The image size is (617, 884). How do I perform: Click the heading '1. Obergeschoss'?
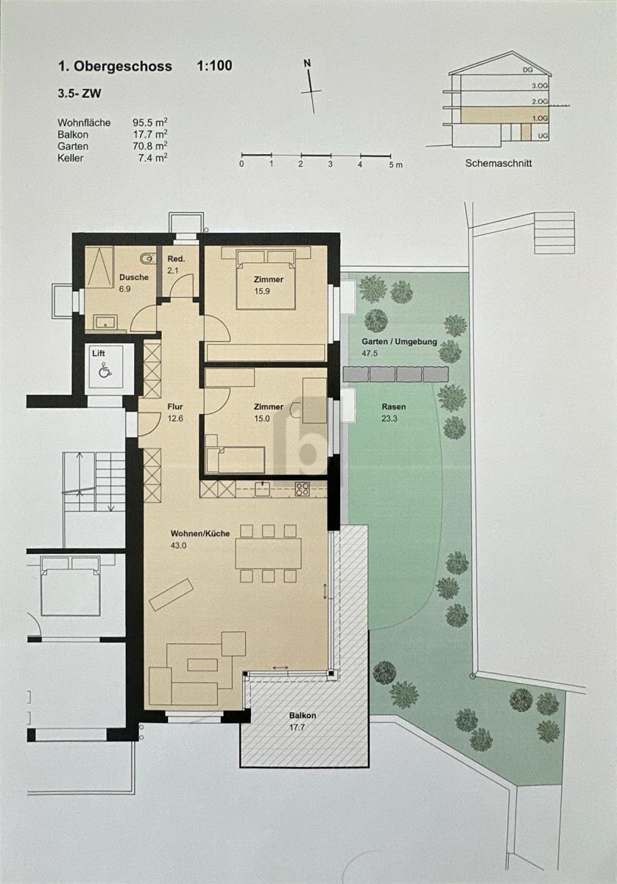[115, 66]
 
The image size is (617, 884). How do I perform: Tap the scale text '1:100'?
[214, 66]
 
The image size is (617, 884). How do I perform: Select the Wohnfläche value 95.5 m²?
[149, 123]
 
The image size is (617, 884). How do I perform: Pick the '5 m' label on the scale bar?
[396, 164]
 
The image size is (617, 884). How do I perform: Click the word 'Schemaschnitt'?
[498, 164]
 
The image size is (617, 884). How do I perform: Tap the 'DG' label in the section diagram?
[526, 70]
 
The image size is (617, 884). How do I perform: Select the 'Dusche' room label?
[133, 278]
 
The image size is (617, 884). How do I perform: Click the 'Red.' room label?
[176, 259]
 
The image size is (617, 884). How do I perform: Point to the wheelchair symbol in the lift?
[105, 371]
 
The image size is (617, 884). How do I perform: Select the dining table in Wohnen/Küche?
[268, 553]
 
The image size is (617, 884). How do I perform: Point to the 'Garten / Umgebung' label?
[400, 343]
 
